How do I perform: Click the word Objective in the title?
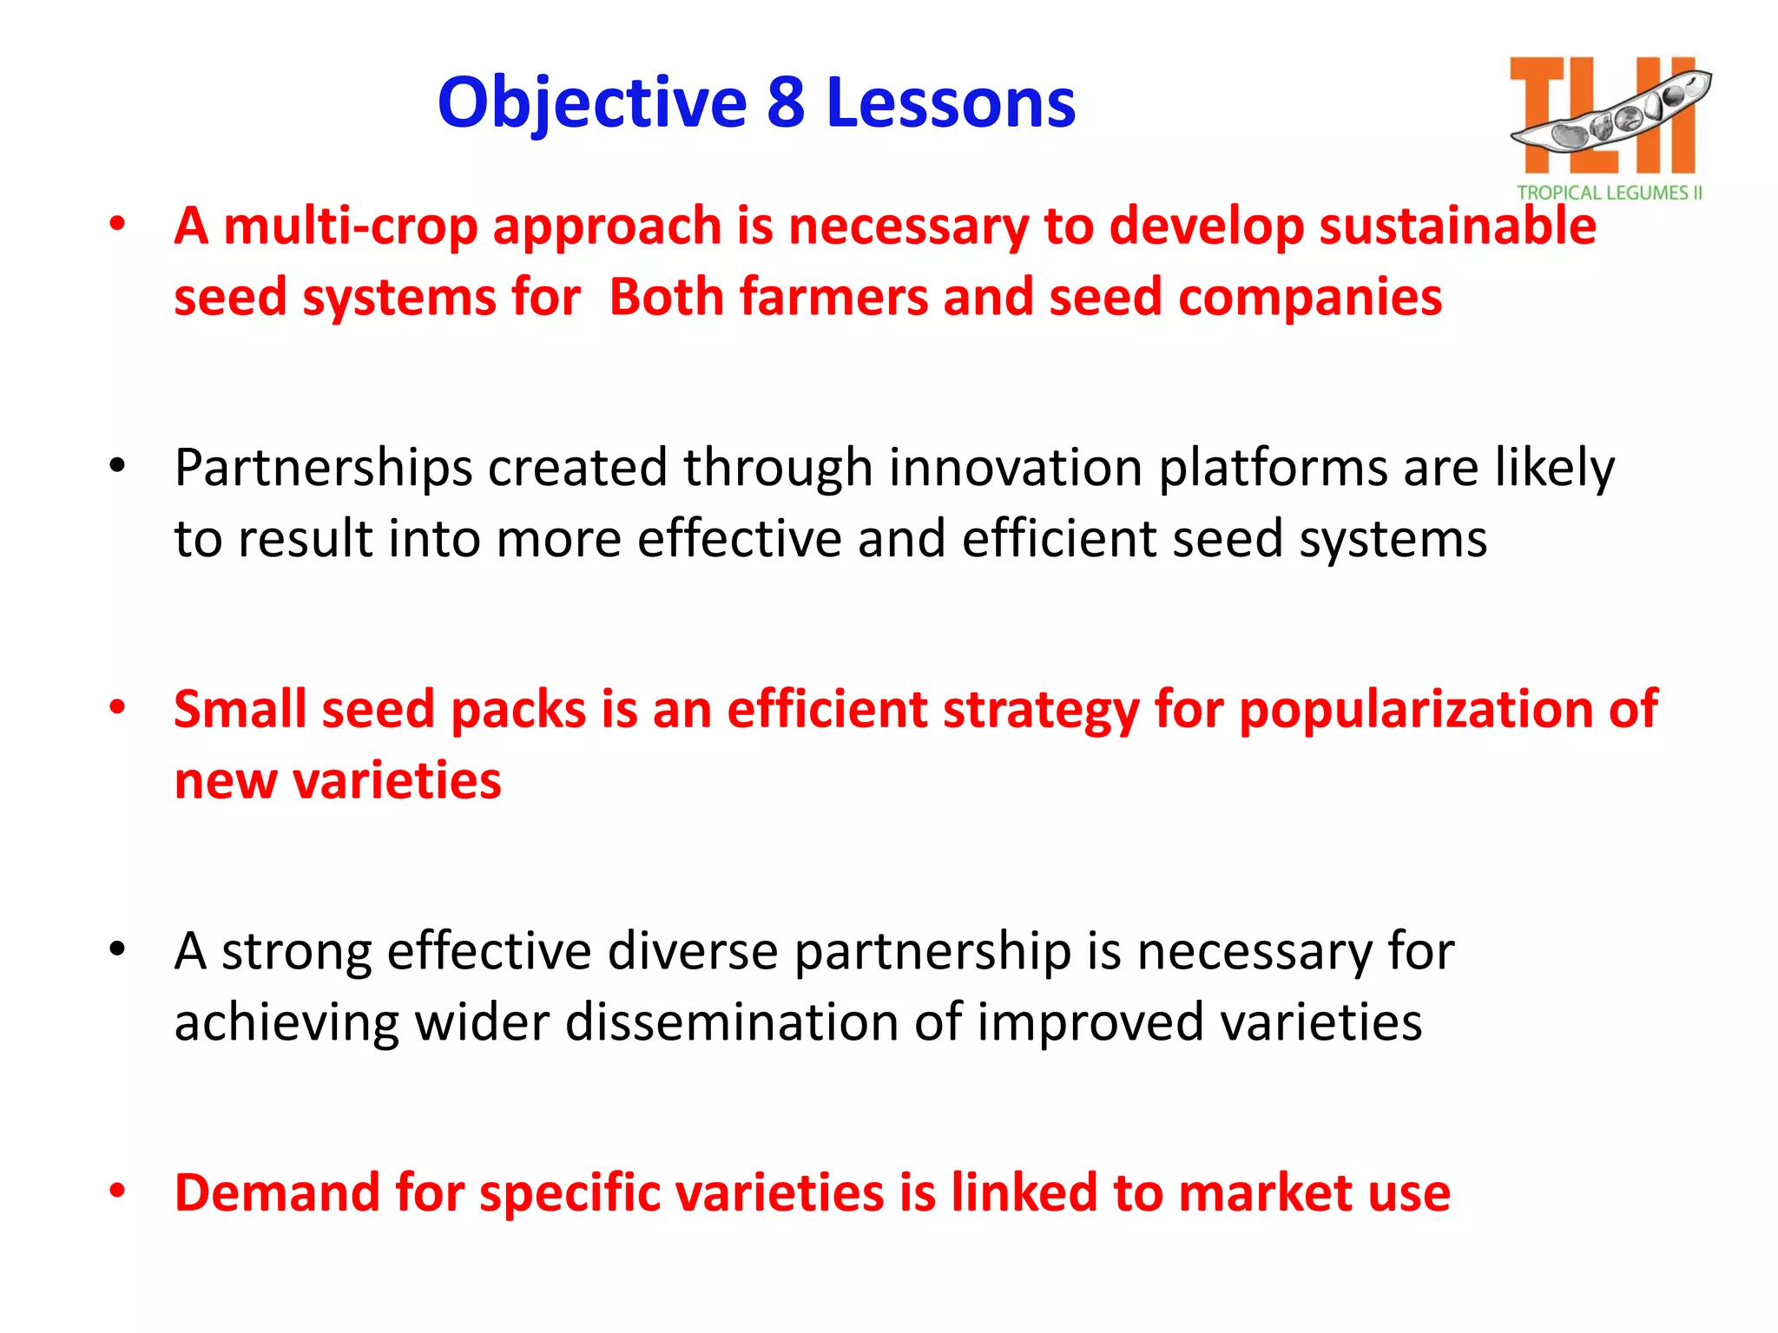tap(592, 104)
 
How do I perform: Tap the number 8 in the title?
tap(786, 104)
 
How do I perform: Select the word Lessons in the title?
tap(951, 104)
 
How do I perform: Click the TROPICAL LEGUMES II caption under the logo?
tap(1610, 193)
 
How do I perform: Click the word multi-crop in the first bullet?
tap(351, 227)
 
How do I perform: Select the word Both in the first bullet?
tap(666, 298)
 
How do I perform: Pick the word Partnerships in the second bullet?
tap(323, 469)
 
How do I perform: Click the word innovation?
tap(1015, 469)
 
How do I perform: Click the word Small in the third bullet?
tap(240, 709)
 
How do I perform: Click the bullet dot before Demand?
tap(117, 1191)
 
